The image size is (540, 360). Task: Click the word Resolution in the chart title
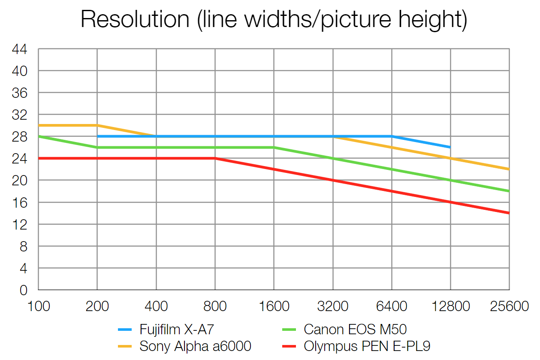click(x=135, y=19)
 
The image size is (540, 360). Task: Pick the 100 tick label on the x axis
click(x=39, y=307)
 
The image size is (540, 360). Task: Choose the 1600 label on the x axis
click(x=274, y=307)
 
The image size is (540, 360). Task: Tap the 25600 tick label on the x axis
click(x=509, y=307)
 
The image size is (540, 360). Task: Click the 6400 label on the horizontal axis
click(x=392, y=307)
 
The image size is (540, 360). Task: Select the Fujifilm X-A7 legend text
click(x=176, y=330)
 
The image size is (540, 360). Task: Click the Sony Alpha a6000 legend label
click(x=195, y=346)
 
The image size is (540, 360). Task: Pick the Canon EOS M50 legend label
click(x=355, y=330)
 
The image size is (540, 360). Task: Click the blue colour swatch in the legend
click(x=126, y=330)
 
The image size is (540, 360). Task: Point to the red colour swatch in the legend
click(x=290, y=346)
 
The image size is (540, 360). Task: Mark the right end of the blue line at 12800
click(x=450, y=147)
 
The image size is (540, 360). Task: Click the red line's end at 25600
click(x=509, y=213)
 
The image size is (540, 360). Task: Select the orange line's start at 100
click(x=39, y=125)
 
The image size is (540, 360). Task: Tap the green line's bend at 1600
click(x=274, y=148)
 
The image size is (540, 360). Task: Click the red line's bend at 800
click(x=215, y=158)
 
